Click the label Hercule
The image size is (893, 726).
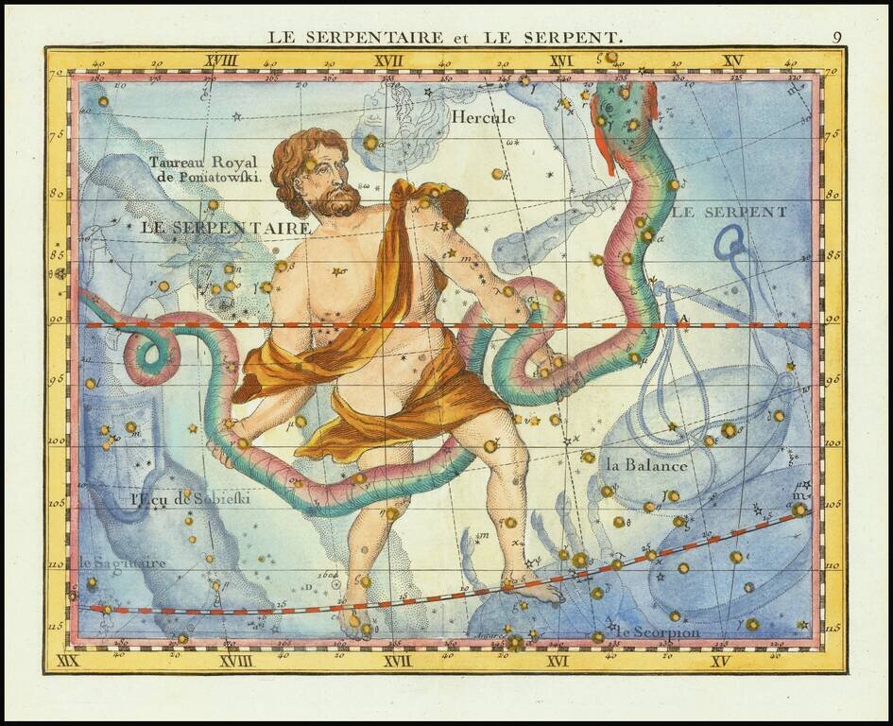tap(483, 118)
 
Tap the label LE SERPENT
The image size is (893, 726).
tap(729, 212)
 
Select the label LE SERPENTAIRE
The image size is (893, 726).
tap(225, 228)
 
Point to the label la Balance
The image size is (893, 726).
tap(646, 465)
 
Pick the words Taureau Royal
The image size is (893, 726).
tap(202, 162)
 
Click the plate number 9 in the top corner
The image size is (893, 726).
tap(837, 38)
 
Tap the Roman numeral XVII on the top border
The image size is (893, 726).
tap(388, 61)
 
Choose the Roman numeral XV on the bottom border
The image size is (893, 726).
tap(720, 661)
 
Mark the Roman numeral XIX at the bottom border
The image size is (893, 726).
tap(67, 660)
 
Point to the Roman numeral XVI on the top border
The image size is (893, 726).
tap(561, 61)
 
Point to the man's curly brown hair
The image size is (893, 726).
tap(302, 156)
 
